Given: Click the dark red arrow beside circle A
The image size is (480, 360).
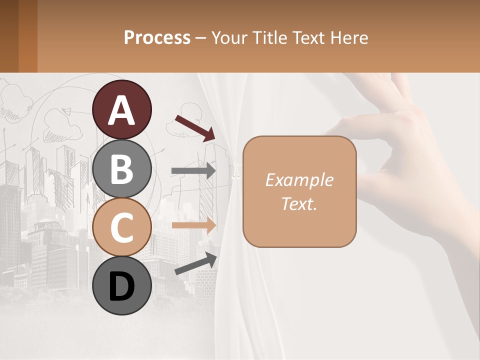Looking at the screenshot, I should click(x=195, y=127).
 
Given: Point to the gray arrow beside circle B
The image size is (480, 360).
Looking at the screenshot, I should click(x=193, y=170).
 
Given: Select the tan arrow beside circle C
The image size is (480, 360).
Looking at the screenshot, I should click(x=193, y=225).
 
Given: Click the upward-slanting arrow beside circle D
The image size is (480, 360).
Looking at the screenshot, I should click(x=195, y=263).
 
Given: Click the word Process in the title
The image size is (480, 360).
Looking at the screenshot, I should click(x=157, y=37).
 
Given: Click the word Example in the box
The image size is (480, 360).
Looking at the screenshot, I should click(x=299, y=180).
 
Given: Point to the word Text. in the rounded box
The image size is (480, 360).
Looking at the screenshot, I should click(x=299, y=204).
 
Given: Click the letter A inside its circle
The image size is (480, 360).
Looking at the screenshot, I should click(x=122, y=111).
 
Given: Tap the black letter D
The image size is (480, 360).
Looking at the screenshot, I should click(x=122, y=286).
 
